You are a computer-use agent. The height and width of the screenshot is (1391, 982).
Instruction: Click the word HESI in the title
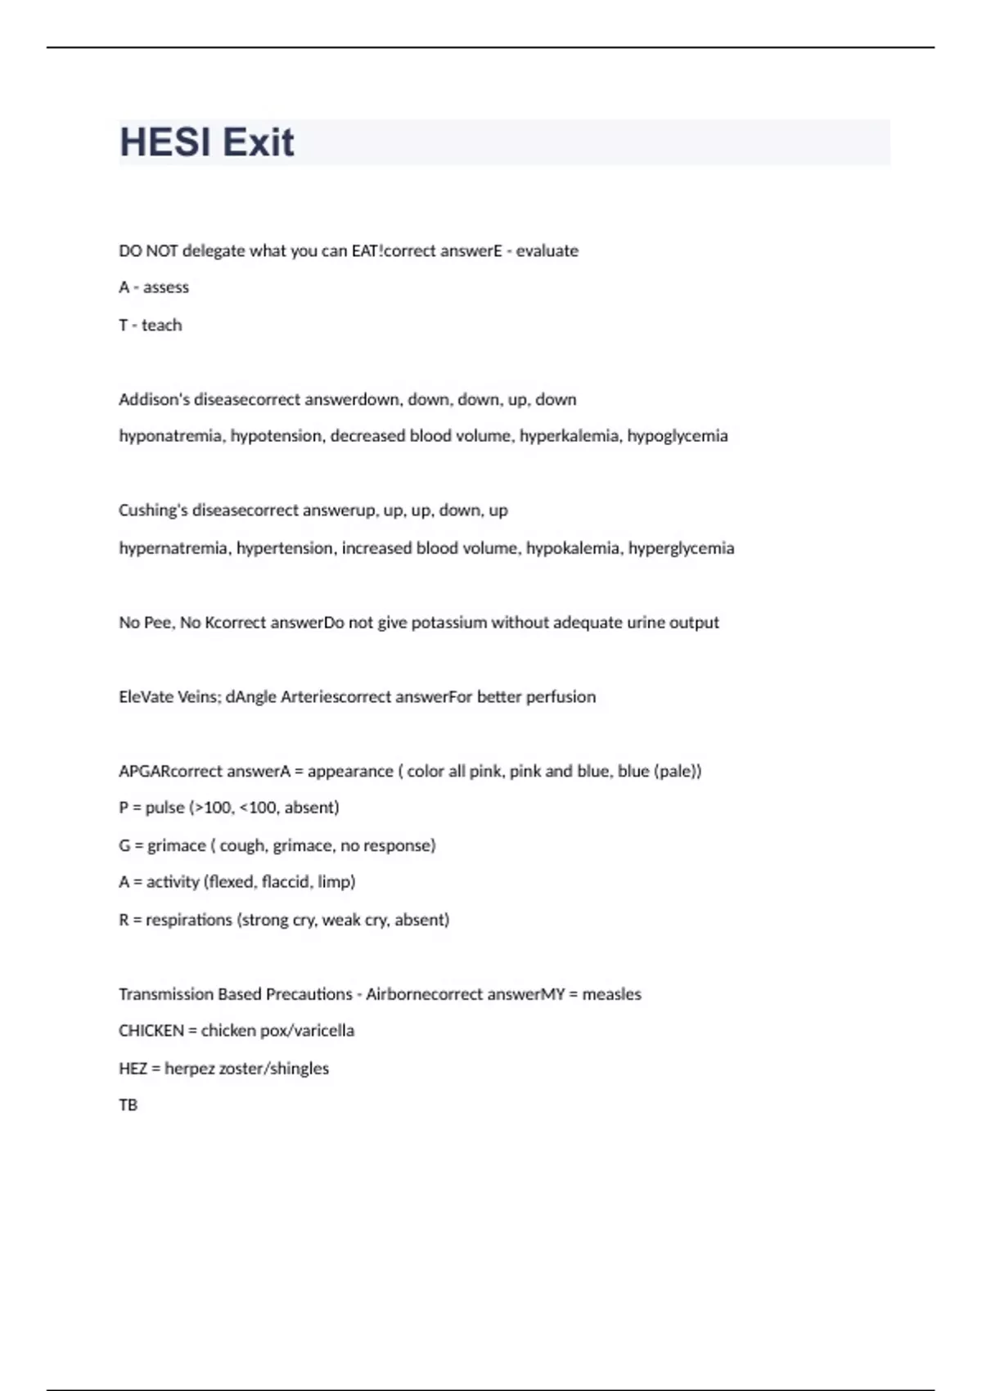point(165,142)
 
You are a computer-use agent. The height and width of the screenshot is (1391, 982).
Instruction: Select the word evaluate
point(547,250)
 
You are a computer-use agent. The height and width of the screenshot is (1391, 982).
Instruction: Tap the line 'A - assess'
point(154,287)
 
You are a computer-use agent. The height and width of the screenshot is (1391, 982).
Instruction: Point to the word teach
point(161,325)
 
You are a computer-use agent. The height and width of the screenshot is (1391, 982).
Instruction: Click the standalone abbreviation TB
point(128,1105)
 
